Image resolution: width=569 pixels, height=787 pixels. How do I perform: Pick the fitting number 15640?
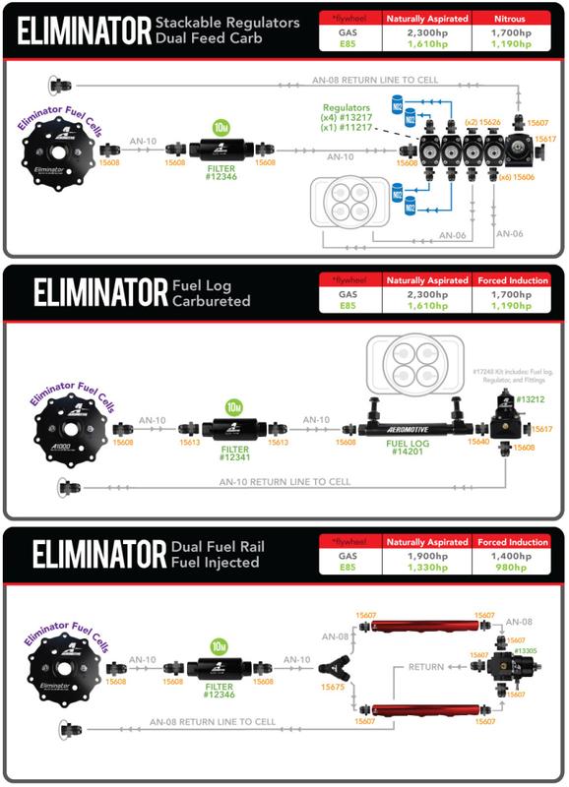coord(479,444)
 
